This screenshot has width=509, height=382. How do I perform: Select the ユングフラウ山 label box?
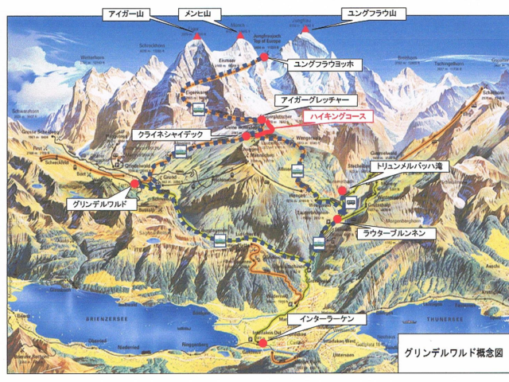(371, 14)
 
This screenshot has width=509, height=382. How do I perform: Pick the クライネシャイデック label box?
(173, 134)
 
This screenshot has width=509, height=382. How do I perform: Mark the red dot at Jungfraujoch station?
(264, 57)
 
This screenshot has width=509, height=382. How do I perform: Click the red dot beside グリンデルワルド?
(134, 184)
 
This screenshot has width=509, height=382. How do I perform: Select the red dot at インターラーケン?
(263, 343)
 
